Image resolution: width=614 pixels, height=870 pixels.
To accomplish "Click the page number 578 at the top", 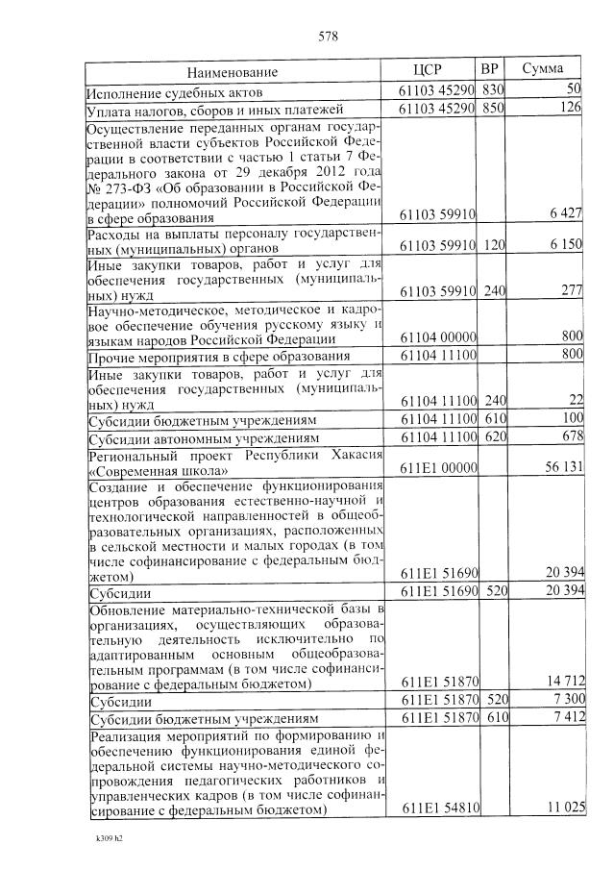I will [328, 37].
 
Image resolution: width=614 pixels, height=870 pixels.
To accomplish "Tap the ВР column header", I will [489, 70].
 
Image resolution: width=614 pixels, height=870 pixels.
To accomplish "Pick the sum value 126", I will [572, 109].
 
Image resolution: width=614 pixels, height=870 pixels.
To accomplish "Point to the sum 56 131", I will [564, 469].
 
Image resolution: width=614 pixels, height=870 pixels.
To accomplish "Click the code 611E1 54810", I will [438, 808].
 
